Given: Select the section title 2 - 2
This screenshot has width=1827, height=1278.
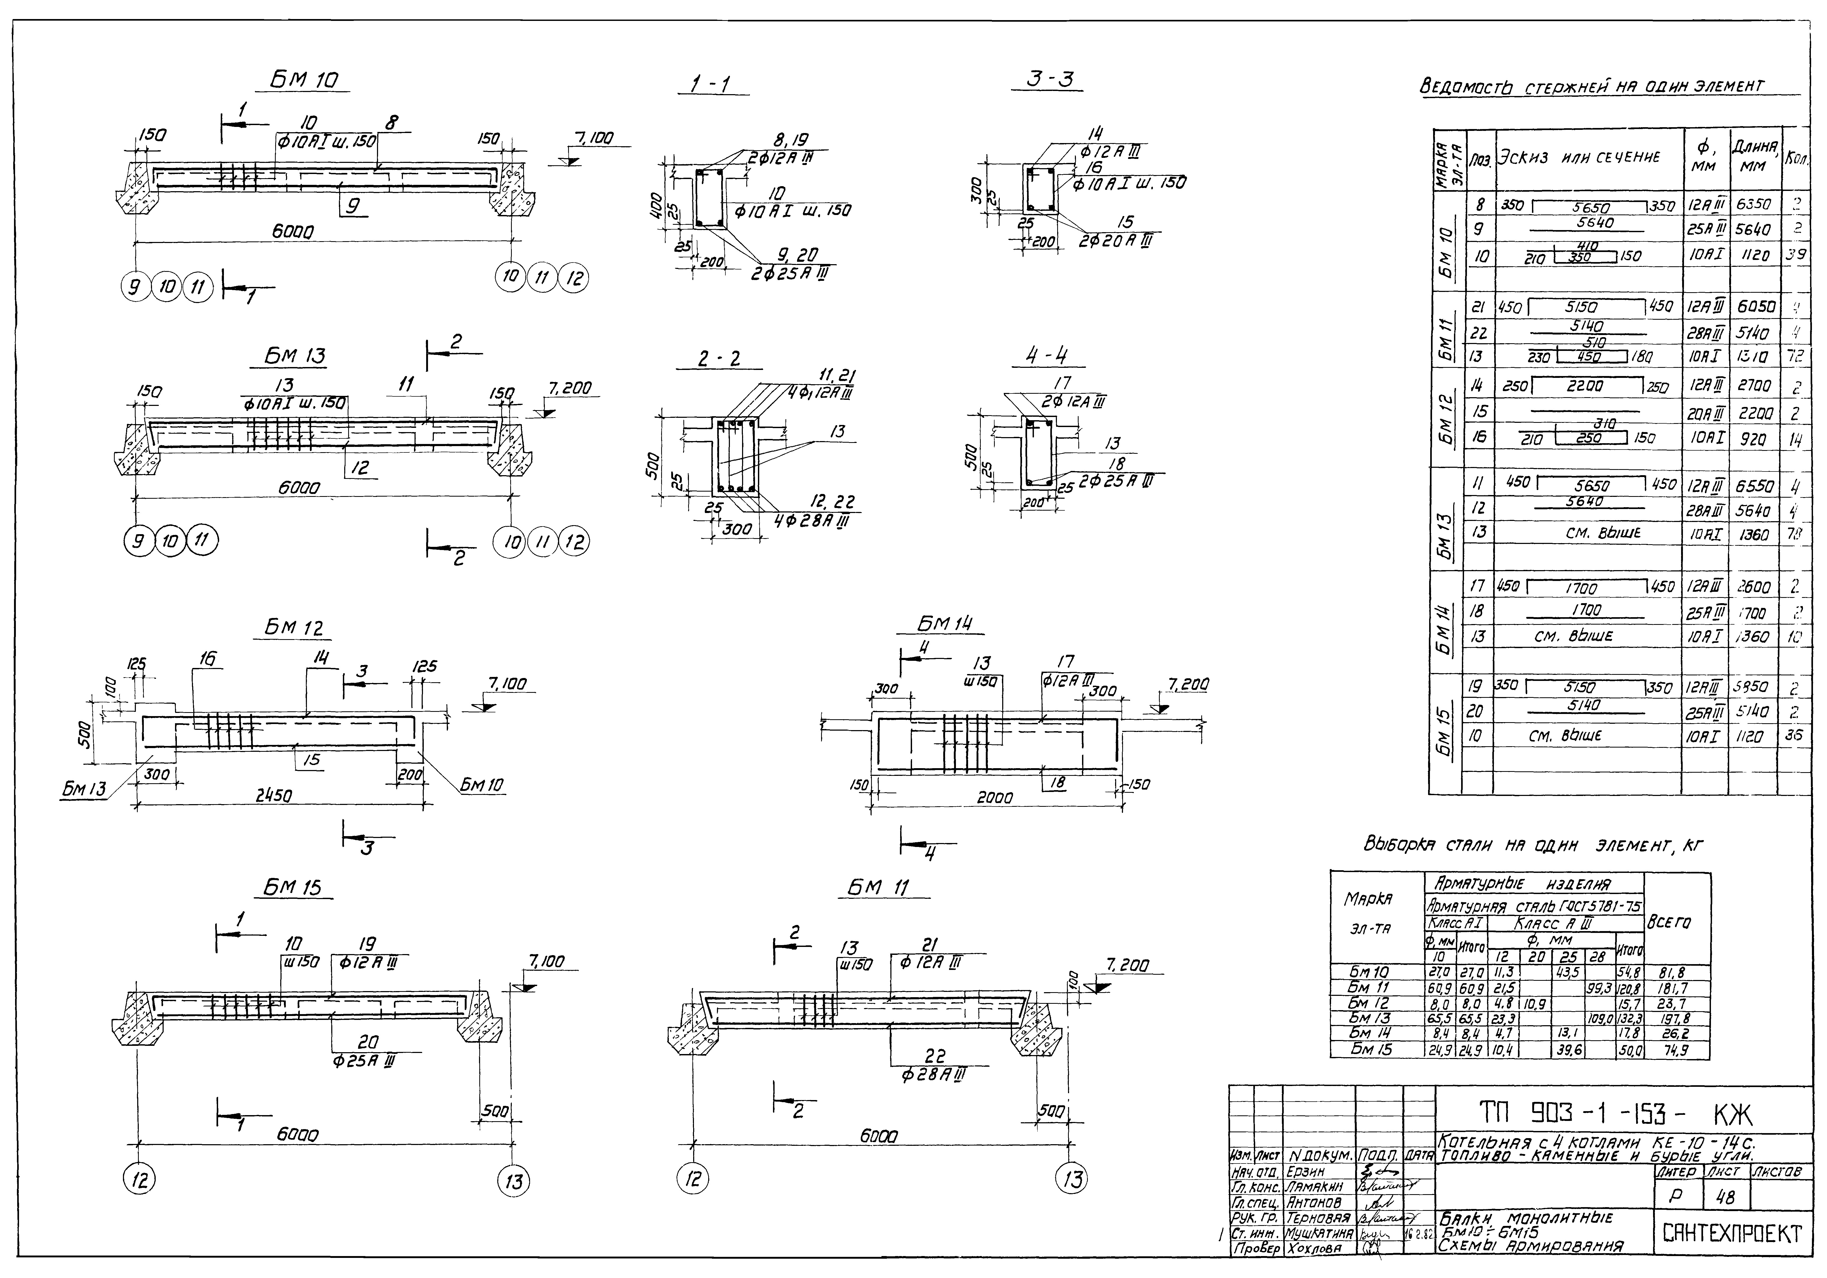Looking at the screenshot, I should [x=719, y=360].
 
